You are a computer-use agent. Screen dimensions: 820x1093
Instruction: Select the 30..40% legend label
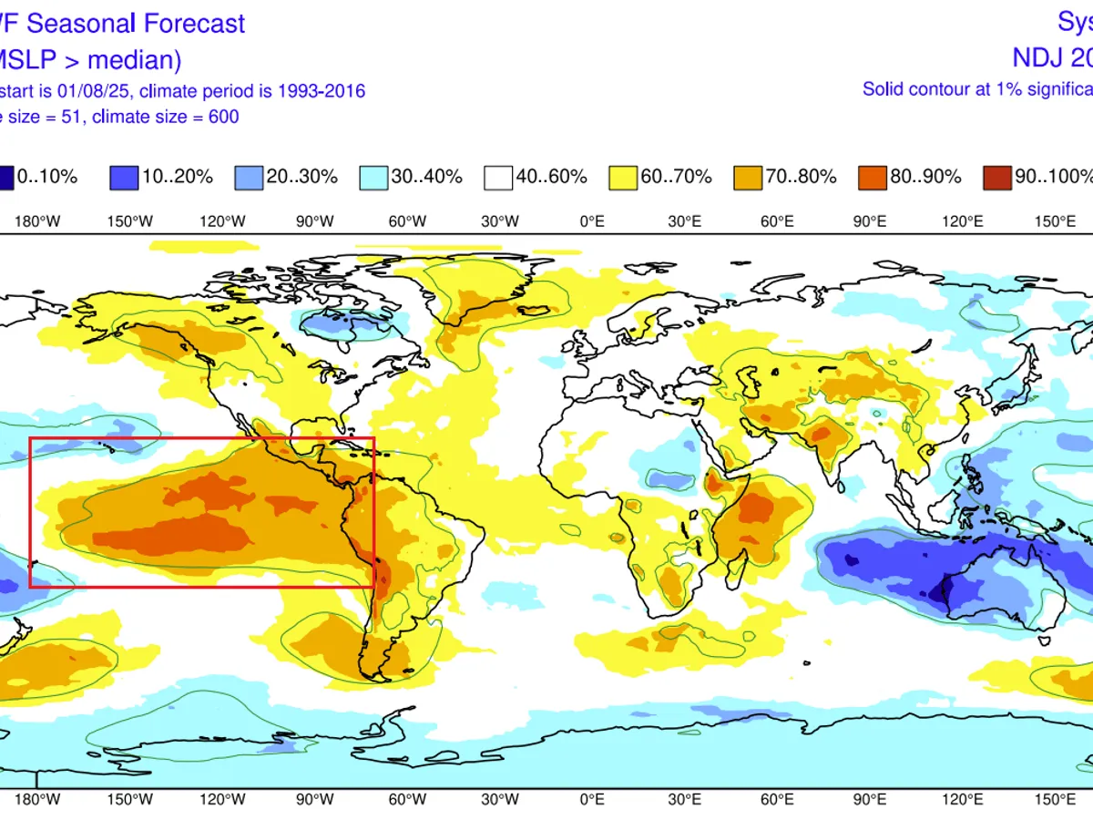coord(426,177)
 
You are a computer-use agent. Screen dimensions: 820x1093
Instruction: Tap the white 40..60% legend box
coord(496,177)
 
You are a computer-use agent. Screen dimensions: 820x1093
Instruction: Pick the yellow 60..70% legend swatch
coord(621,177)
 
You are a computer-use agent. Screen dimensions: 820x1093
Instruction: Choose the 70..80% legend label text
coord(801,177)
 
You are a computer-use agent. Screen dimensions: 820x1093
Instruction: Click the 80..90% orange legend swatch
coord(871,177)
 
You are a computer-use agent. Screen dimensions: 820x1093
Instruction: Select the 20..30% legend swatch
coord(247,177)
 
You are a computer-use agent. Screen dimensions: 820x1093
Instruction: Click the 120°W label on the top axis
coord(223,220)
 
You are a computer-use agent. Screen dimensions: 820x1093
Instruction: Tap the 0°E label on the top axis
coord(593,220)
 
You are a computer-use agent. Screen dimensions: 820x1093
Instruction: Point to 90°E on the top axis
coord(870,220)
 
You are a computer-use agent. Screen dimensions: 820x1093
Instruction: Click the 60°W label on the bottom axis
coord(407,799)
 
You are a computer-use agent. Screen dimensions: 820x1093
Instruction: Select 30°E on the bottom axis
coord(685,799)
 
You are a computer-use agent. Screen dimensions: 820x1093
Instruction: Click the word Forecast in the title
coord(193,23)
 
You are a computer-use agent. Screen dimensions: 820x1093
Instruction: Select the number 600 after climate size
coord(222,116)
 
